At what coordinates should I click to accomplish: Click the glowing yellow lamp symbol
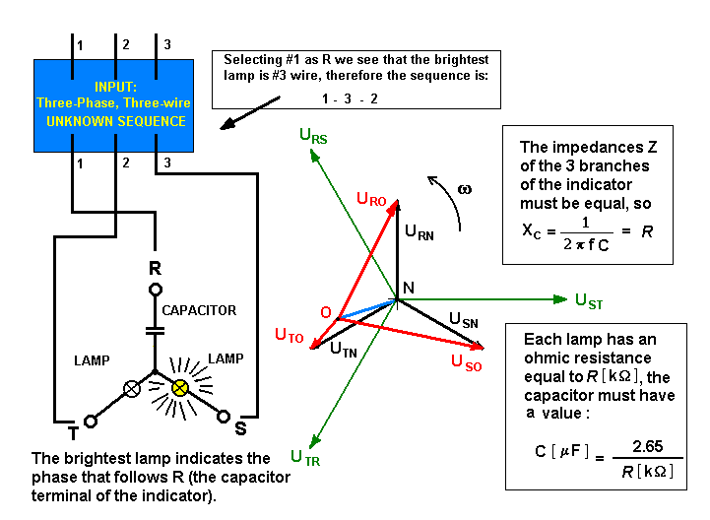point(180,388)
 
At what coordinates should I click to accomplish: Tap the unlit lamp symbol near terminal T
point(129,388)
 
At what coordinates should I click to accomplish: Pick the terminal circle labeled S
point(224,417)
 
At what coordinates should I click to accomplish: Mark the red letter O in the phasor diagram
point(325,312)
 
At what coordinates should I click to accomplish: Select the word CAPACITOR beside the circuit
point(199,310)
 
